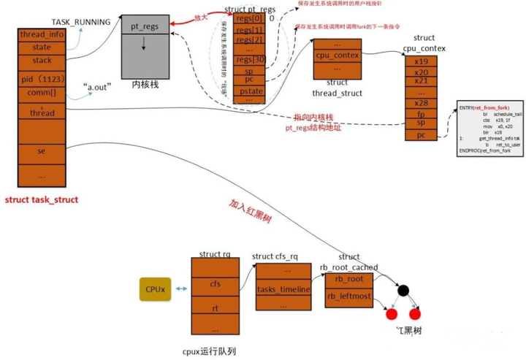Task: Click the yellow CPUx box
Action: tap(155, 290)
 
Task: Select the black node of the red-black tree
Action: tap(402, 290)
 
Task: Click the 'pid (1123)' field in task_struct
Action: tap(41, 78)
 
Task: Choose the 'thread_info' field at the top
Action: tap(41, 34)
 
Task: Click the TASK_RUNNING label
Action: tap(81, 23)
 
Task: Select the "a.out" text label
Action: tap(95, 87)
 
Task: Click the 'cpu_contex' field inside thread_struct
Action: tap(337, 55)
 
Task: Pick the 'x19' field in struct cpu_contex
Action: tap(421, 62)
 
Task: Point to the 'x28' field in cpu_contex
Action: tap(421, 103)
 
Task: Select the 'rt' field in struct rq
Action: tap(215, 307)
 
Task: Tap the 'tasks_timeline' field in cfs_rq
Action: tap(284, 290)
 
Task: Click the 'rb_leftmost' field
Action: tap(348, 296)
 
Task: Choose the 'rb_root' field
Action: tap(348, 278)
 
